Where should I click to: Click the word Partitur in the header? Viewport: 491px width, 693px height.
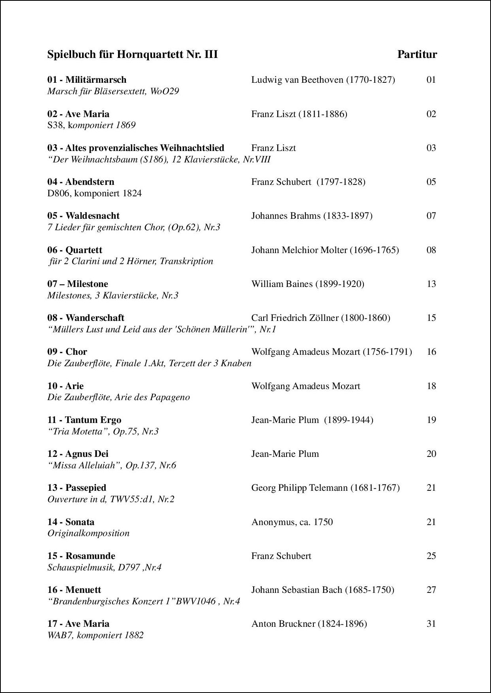click(417, 54)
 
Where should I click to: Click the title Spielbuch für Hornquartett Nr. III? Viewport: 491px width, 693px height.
click(132, 54)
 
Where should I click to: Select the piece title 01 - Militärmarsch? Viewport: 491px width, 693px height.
click(87, 80)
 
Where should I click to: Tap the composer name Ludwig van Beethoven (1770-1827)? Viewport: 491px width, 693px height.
click(323, 80)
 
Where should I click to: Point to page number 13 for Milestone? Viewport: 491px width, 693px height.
click(431, 284)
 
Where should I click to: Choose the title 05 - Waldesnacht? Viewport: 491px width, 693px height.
click(83, 216)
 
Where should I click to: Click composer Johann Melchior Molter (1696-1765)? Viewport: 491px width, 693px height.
click(325, 250)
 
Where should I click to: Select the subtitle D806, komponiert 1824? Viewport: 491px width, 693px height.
click(94, 193)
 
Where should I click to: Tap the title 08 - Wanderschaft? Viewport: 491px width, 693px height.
click(86, 318)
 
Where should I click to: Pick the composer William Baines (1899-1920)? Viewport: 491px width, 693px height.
click(307, 284)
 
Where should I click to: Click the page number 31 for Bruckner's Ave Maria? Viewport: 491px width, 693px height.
click(431, 624)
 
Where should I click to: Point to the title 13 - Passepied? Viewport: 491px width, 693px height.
click(77, 488)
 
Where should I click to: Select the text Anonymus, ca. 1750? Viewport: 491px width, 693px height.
click(292, 522)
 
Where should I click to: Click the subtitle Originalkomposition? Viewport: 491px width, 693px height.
click(88, 533)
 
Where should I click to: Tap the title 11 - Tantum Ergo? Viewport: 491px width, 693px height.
click(84, 420)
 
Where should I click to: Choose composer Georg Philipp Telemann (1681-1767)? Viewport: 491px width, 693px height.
click(325, 488)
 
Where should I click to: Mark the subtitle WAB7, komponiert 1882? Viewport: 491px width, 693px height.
click(96, 635)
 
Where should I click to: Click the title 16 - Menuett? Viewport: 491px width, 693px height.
click(74, 590)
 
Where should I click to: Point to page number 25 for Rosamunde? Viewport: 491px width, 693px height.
click(431, 556)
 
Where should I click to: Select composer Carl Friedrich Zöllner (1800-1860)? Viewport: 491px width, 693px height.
click(320, 318)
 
